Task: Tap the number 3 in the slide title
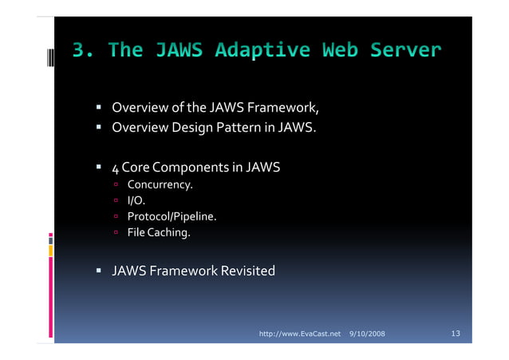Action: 79,51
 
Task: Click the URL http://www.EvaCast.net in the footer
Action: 301,332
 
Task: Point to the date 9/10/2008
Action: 367,332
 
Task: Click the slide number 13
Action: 456,332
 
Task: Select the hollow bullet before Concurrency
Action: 116,186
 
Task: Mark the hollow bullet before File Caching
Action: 116,233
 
